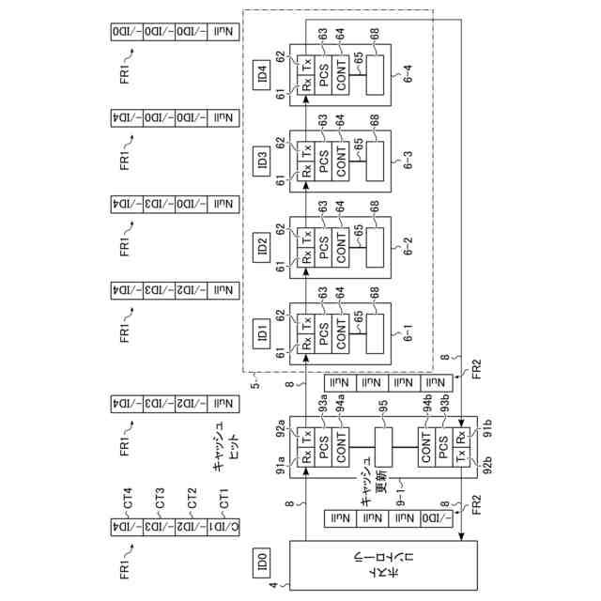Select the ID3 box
click(262, 160)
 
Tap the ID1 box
click(262, 332)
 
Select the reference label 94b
click(426, 407)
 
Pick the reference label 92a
click(285, 433)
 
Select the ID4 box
click(262, 73)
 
